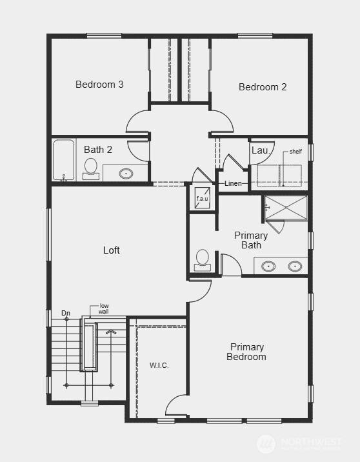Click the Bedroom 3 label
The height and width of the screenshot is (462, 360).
tap(99, 85)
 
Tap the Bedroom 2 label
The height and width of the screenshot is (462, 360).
tap(263, 87)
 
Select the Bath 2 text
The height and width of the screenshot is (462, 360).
tap(98, 150)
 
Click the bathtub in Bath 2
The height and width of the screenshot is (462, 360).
tap(64, 159)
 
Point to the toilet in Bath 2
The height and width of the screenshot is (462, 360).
tap(91, 168)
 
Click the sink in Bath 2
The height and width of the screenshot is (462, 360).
tap(126, 173)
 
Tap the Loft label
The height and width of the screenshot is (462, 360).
tap(112, 250)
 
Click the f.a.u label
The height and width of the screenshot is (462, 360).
tap(202, 199)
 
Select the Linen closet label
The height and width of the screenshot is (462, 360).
tap(234, 184)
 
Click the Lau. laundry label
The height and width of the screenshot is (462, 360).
tap(261, 150)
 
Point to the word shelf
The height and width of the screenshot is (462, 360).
tap(295, 152)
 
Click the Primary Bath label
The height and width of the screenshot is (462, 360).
tap(251, 240)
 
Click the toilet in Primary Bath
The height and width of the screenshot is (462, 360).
tap(203, 260)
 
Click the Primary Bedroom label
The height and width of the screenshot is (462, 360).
tap(247, 352)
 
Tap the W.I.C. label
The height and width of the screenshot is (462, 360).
tap(159, 365)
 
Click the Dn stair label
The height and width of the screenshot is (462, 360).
tap(66, 314)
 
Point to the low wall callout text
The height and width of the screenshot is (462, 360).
tap(103, 308)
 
